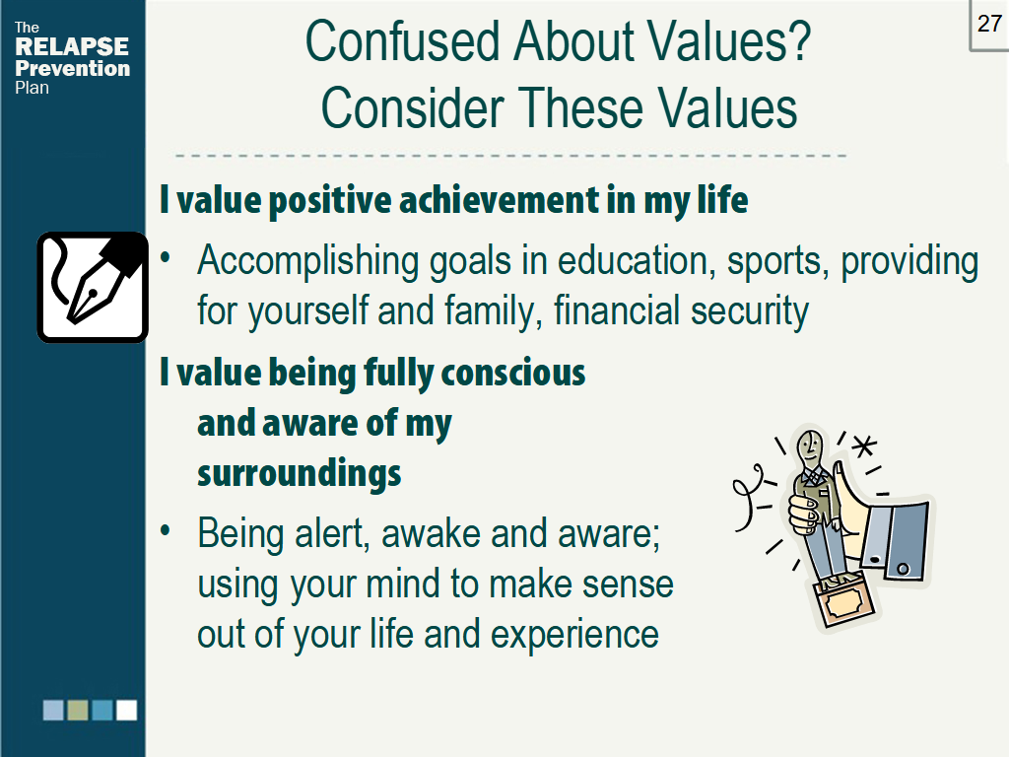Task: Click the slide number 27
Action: [989, 24]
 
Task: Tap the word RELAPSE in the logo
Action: [72, 47]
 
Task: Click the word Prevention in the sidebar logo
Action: [72, 68]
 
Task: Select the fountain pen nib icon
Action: [93, 286]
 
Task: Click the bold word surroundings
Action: [299, 473]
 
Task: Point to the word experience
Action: [574, 634]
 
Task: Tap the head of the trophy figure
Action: [810, 448]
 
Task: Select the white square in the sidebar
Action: [126, 710]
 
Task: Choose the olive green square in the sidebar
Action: [78, 710]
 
